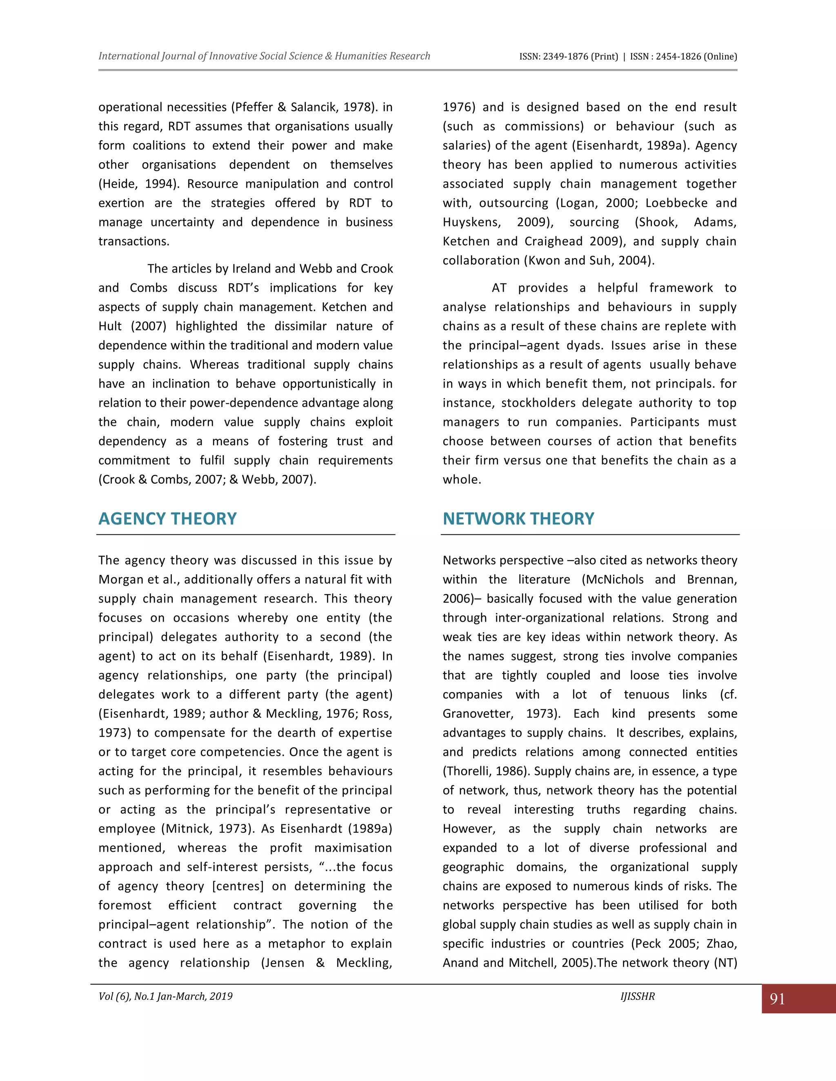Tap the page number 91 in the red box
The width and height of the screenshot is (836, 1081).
(x=777, y=999)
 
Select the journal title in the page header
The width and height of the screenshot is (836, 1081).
(x=264, y=56)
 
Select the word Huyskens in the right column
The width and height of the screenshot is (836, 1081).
(x=471, y=222)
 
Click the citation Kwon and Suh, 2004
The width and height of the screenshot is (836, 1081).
(x=589, y=261)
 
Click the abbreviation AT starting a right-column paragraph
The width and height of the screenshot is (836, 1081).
(x=499, y=288)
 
